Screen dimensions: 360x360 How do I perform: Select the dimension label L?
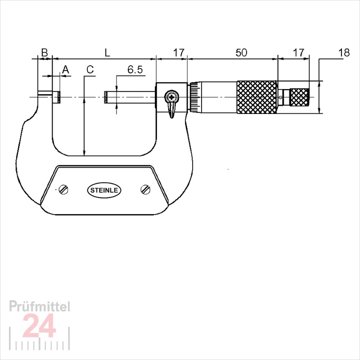(107, 52)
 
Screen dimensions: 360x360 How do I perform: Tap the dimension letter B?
(44, 52)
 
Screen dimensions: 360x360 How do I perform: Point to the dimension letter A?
(65, 69)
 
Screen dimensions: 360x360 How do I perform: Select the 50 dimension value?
(241, 52)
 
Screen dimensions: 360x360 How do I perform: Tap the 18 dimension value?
(344, 52)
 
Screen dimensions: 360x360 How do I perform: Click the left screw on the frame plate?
(64, 189)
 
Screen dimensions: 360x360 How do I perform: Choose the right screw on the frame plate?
(144, 189)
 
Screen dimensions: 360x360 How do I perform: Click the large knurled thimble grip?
(257, 97)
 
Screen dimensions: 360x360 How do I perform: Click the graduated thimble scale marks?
(193, 97)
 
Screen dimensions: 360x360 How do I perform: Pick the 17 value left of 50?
(179, 52)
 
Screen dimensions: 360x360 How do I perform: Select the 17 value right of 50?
(298, 52)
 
